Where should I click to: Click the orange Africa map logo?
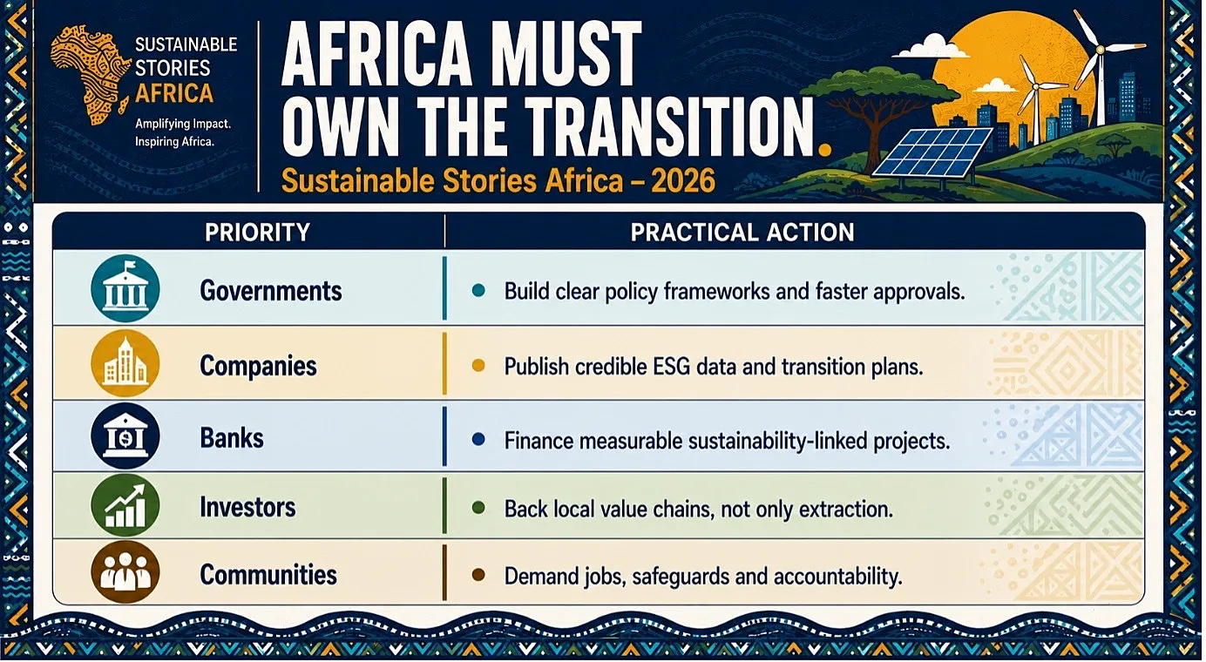(89, 76)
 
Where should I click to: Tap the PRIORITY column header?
(257, 233)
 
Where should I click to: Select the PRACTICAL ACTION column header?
(742, 233)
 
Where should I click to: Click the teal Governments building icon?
(125, 288)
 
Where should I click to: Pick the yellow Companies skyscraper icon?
(125, 363)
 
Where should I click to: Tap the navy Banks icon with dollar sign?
(125, 436)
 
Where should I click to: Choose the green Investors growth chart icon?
(125, 506)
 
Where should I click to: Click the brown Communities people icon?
(125, 571)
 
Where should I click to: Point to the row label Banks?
(232, 438)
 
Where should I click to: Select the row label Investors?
(247, 507)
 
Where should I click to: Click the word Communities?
(268, 575)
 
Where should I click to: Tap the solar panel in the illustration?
(932, 152)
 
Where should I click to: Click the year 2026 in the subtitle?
(682, 181)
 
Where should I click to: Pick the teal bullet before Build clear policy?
(478, 291)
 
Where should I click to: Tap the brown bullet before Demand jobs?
(478, 575)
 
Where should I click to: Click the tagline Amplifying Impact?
(183, 125)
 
